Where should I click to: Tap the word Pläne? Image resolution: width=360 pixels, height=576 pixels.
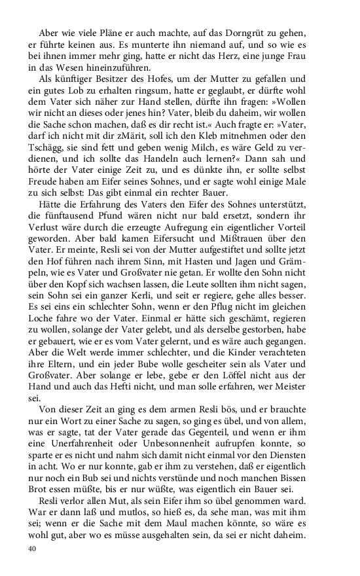pos(111,33)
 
